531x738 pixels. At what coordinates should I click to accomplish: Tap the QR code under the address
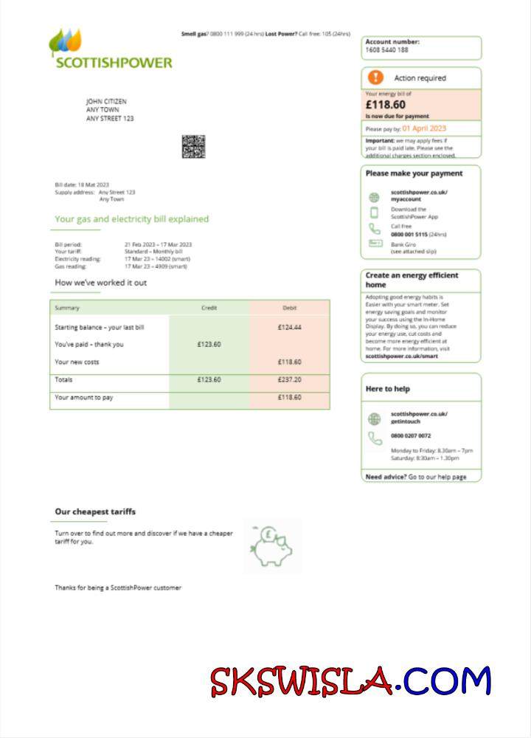point(193,146)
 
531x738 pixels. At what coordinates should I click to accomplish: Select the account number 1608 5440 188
point(386,50)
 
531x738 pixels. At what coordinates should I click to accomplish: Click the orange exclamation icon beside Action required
point(376,77)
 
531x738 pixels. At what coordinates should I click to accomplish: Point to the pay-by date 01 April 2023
point(424,128)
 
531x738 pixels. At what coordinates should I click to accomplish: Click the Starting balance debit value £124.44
point(289,327)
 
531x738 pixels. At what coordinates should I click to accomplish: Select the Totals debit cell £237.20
point(289,380)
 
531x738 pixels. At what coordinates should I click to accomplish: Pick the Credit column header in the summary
point(209,308)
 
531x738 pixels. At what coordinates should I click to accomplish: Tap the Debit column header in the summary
point(289,308)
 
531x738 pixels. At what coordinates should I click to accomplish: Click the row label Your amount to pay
point(84,398)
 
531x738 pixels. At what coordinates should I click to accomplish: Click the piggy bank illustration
point(271,546)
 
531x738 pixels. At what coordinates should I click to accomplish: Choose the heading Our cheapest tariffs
point(95,511)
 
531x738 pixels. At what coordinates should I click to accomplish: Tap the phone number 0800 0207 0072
point(411,436)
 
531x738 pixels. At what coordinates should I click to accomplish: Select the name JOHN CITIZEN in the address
point(106,101)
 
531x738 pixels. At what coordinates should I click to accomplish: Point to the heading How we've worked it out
point(100,283)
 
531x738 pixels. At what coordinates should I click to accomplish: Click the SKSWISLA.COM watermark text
point(350,681)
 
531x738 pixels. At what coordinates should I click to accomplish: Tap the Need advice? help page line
point(416,477)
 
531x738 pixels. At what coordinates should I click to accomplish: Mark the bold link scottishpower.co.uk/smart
point(401,356)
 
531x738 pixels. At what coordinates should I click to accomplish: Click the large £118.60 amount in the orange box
point(386,105)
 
